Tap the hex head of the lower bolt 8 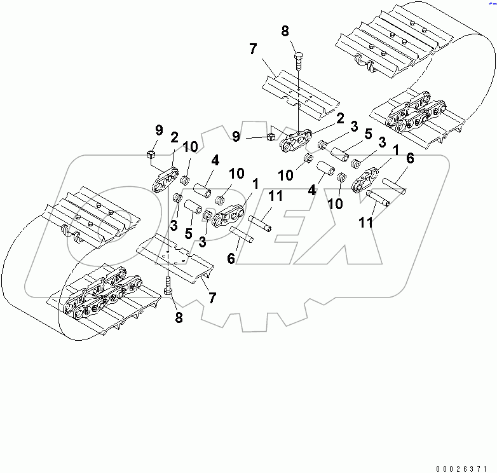167,291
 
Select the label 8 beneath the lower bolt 179,317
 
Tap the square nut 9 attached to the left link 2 152,154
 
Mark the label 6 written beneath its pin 231,258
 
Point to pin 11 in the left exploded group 261,223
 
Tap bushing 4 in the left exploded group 201,191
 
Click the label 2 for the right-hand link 341,118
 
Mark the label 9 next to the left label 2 159,132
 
